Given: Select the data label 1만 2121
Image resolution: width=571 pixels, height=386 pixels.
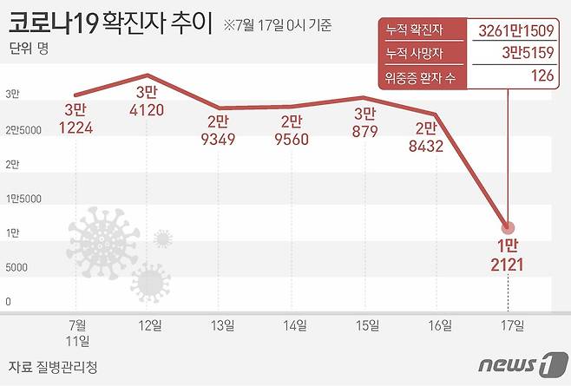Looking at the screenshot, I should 508,255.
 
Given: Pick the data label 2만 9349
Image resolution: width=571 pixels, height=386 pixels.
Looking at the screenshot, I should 223,134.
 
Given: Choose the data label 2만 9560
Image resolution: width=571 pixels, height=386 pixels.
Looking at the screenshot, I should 295,134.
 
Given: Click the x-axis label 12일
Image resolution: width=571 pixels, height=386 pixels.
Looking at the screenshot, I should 150,325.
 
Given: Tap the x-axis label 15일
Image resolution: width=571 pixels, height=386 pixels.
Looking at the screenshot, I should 367,325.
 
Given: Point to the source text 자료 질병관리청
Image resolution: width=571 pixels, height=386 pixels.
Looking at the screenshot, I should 52,367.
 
